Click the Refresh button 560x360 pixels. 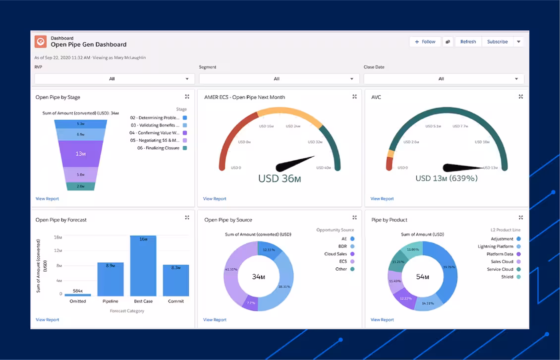tap(468, 42)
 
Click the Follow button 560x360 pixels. tap(425, 42)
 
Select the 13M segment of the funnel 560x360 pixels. tap(80, 154)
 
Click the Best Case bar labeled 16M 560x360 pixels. tap(143, 266)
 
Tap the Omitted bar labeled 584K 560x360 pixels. tap(78, 295)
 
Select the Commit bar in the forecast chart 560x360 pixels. tap(176, 280)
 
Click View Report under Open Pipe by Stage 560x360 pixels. tap(47, 199)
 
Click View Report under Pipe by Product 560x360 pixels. tap(382, 320)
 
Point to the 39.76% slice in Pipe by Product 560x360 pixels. tap(447, 268)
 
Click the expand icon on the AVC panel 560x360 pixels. tap(521, 97)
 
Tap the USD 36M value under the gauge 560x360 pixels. tap(280, 179)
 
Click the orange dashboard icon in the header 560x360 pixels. tap(40, 42)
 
